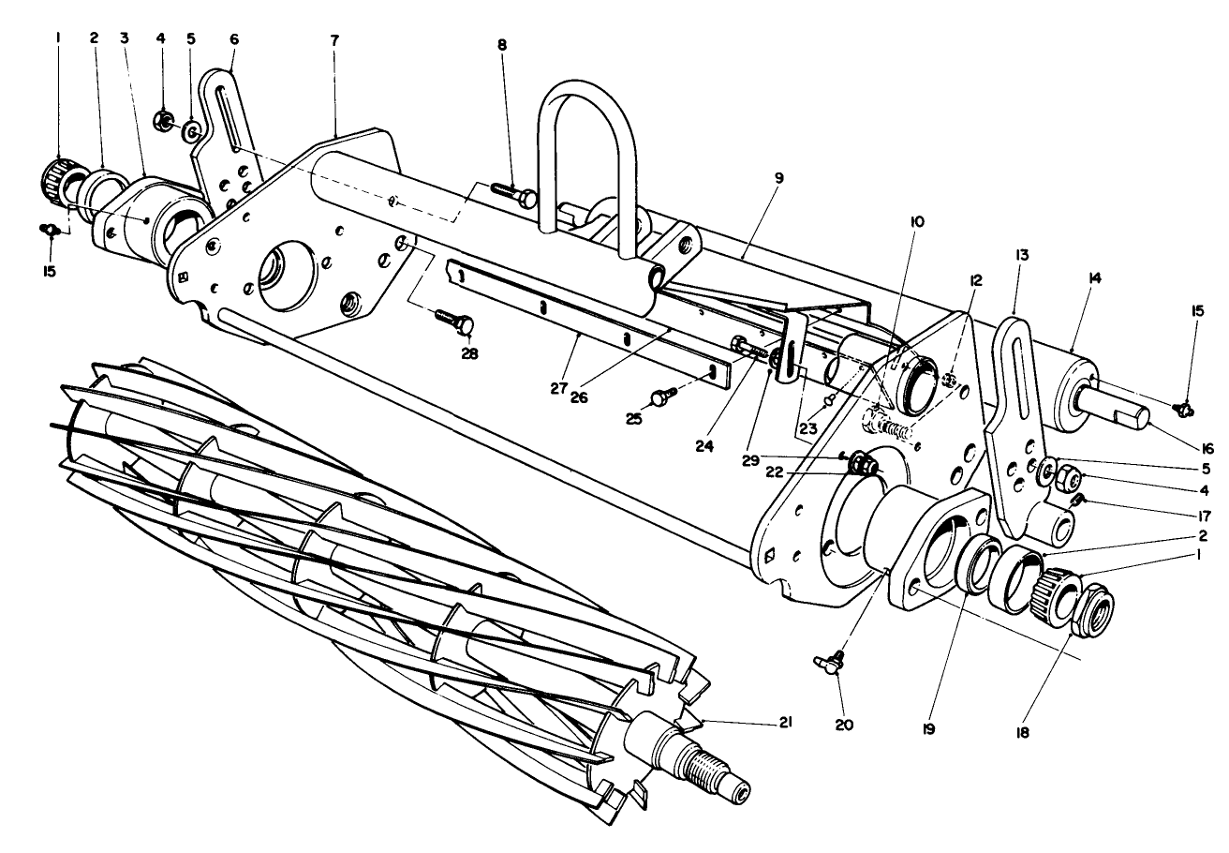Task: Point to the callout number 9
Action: [x=752, y=176]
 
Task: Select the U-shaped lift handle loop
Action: [x=590, y=150]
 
